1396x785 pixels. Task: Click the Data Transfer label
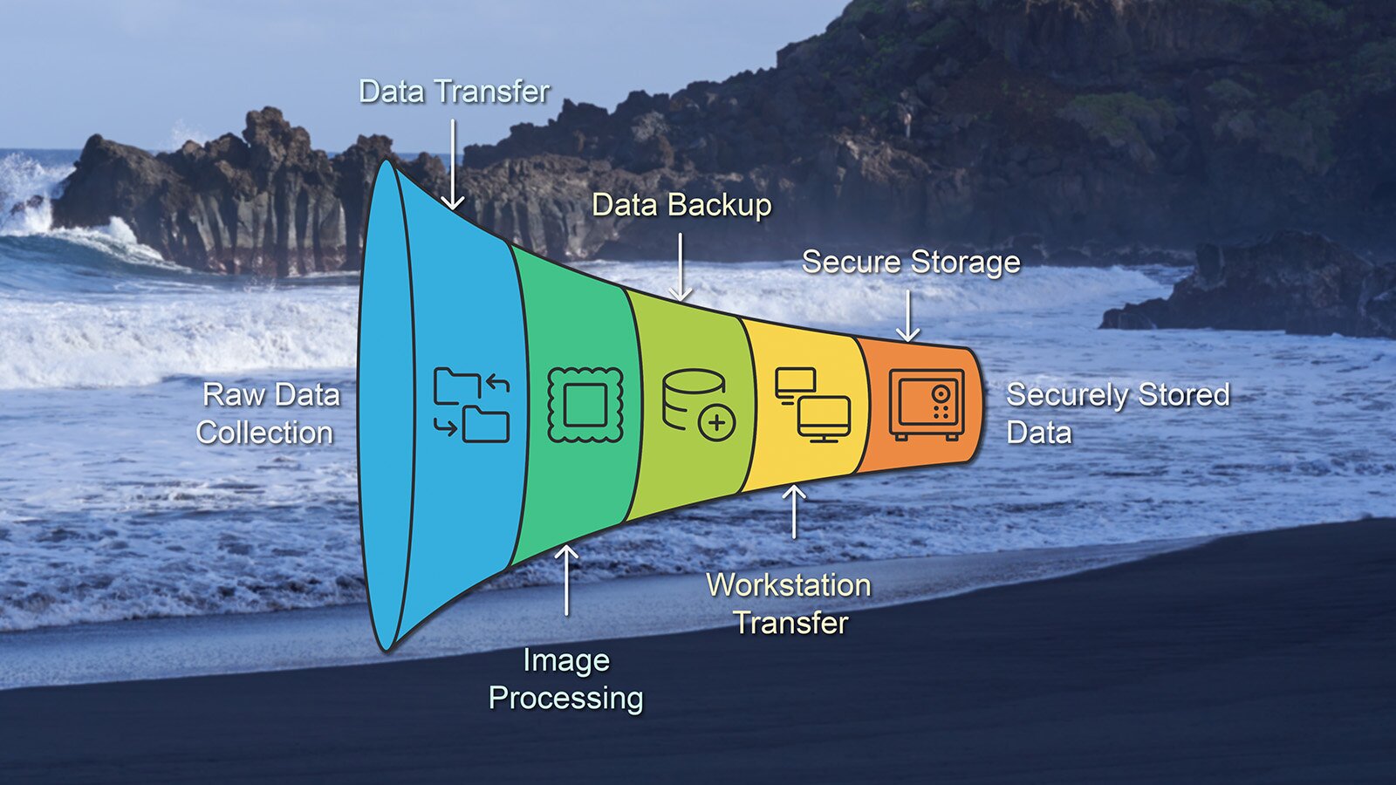[454, 92]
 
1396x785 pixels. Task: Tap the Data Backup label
[681, 205]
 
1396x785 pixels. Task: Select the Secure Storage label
[911, 262]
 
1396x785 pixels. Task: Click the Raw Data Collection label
[268, 413]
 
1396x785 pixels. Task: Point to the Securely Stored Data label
[1117, 413]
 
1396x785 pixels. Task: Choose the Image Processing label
[566, 679]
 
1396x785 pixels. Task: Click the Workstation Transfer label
[790, 604]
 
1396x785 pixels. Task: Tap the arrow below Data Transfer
[453, 165]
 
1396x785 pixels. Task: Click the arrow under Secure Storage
[908, 315]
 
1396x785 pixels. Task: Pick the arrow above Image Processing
[566, 580]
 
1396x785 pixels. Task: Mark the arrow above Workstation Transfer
[794, 512]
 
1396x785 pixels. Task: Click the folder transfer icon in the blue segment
[471, 406]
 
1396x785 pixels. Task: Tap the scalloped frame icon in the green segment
[585, 405]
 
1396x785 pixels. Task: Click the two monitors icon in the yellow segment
[812, 405]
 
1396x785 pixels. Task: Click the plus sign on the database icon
[717, 424]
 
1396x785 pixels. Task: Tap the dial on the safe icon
[941, 393]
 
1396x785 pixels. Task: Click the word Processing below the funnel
[566, 699]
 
